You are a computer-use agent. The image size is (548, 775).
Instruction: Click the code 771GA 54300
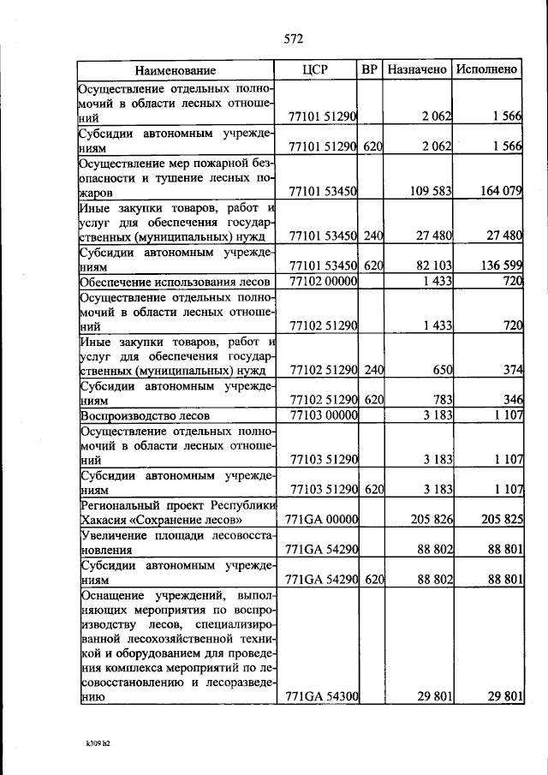[x=320, y=697]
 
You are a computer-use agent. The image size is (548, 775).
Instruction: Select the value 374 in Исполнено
[x=512, y=369]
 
